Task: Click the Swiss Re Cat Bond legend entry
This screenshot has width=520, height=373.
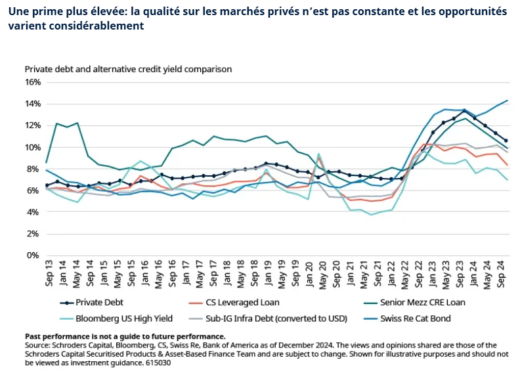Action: point(401,318)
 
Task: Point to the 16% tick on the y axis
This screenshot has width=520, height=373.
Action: point(33,82)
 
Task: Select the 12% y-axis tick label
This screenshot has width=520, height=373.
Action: point(33,125)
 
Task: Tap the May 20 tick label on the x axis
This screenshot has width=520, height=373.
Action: point(320,274)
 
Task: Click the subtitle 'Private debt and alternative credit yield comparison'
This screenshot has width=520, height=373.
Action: point(129,68)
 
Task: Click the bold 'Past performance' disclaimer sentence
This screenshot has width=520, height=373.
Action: point(125,336)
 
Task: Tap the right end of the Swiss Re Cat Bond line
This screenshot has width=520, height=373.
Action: point(507,101)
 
